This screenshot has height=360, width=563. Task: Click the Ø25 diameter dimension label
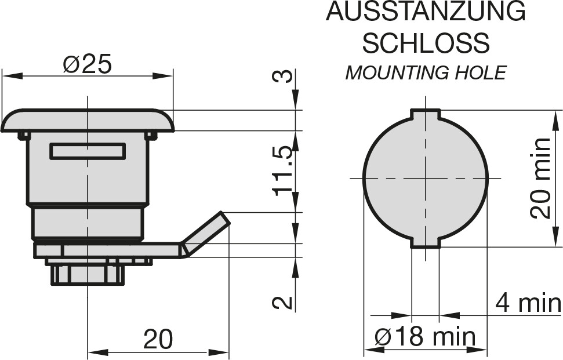coord(87,64)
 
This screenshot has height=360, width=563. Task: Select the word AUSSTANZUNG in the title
coord(426,11)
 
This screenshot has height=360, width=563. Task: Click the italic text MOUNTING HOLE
coord(426,73)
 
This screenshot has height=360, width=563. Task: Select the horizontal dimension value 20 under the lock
coord(158,339)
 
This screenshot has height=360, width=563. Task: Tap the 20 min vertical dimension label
coord(540,179)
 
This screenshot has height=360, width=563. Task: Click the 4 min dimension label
coord(528,303)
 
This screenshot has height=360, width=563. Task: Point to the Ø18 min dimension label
coord(425,337)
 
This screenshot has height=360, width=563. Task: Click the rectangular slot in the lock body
coord(88,151)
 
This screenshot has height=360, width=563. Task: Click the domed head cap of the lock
coord(87,121)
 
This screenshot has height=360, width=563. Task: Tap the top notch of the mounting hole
coord(426,114)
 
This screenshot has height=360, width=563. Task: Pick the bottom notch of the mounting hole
coord(426,243)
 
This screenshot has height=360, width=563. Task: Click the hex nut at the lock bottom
coord(88,275)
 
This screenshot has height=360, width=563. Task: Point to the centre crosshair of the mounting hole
coord(426,179)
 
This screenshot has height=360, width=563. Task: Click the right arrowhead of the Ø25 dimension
coord(163,76)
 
